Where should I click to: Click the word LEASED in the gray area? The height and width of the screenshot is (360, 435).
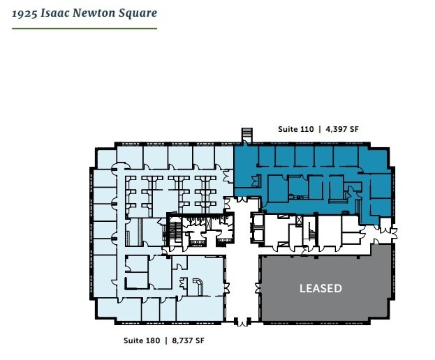click(x=320, y=288)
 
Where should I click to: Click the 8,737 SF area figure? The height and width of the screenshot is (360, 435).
click(x=186, y=340)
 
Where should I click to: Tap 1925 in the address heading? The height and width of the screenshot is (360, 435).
click(x=26, y=13)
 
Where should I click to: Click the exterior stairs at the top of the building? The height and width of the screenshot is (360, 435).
click(x=246, y=133)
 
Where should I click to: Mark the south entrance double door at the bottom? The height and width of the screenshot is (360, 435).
click(x=242, y=323)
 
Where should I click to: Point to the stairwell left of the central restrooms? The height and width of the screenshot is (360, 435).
click(x=172, y=231)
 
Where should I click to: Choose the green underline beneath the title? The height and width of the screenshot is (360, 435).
click(x=84, y=29)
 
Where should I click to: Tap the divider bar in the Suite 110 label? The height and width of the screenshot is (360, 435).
click(x=318, y=129)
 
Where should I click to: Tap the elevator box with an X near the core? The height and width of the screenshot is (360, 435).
click(x=300, y=220)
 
